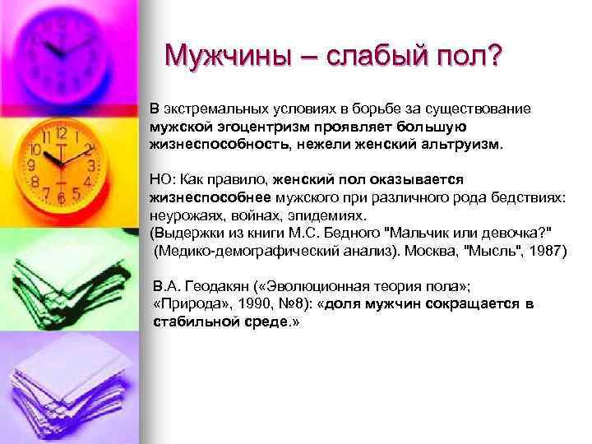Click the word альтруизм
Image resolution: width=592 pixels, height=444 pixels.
coord(465,144)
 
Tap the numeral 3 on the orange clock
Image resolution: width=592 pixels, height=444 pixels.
coord(91,165)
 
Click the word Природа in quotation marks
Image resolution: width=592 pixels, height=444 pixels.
coord(184,305)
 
